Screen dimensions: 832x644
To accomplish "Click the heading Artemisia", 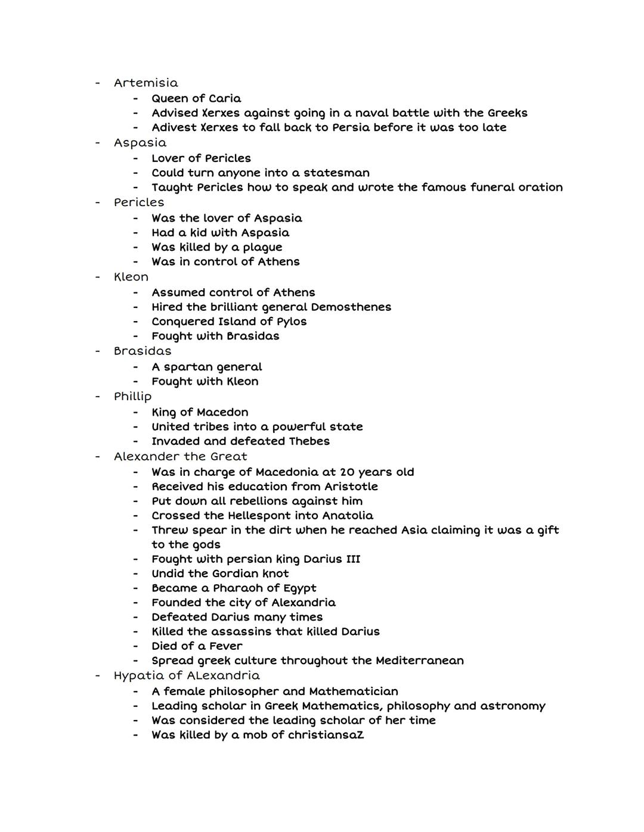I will (145, 83).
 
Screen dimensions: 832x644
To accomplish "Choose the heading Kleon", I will (131, 277).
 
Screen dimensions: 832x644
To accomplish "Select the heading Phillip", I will (133, 397).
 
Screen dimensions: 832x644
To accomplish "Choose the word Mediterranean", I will (419, 660).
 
